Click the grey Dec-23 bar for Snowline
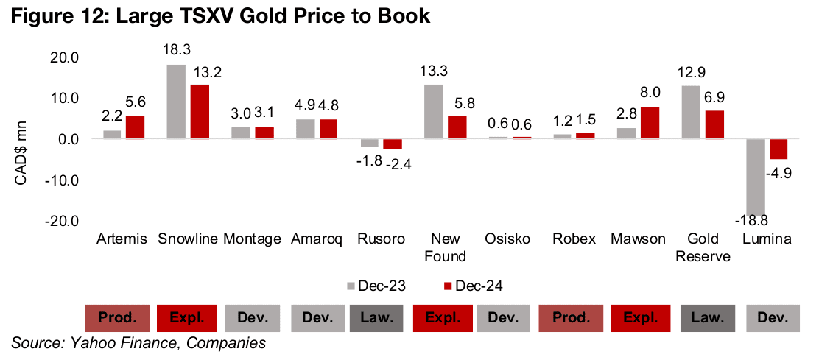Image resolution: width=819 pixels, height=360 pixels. click(x=176, y=102)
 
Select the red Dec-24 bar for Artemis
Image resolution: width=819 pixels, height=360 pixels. click(x=135, y=127)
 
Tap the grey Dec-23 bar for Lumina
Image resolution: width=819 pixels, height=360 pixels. click(x=756, y=177)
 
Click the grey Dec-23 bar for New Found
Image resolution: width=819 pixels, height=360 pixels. click(x=434, y=112)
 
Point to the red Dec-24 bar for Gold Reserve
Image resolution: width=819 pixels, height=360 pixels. click(x=714, y=125)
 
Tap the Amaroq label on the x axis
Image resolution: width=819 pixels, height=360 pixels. click(x=317, y=239)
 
